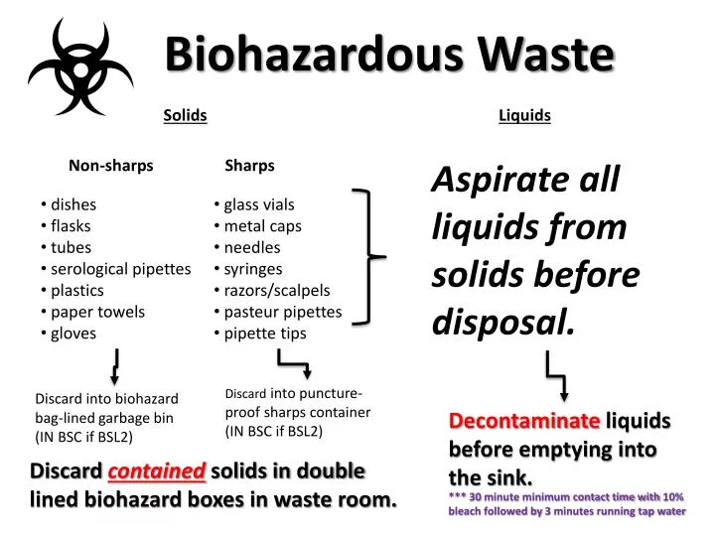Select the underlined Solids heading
click(x=185, y=115)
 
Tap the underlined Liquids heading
click(x=524, y=115)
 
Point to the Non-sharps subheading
click(x=111, y=166)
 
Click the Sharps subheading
click(x=249, y=166)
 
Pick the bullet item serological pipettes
click(x=120, y=269)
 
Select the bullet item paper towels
click(x=97, y=312)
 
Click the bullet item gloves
click(x=73, y=334)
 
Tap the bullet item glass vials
click(x=258, y=204)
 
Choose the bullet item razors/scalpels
click(x=276, y=290)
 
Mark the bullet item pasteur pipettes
click(x=282, y=312)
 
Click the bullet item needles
click(x=251, y=247)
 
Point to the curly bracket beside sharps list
click(x=370, y=257)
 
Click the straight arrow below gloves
click(x=116, y=366)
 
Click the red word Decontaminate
click(x=524, y=421)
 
